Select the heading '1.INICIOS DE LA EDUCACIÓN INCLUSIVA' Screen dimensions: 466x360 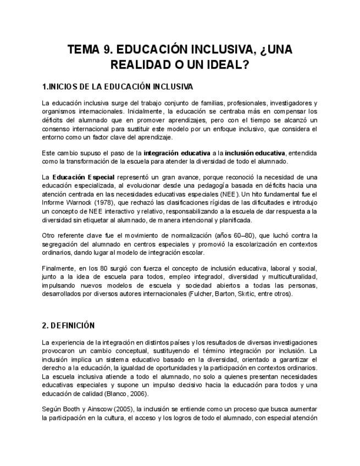click(x=117, y=87)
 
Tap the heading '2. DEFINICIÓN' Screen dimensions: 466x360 click(x=68, y=325)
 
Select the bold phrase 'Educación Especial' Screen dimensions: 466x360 click(x=83, y=177)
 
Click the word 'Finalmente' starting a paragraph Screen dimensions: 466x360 click(x=58, y=268)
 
